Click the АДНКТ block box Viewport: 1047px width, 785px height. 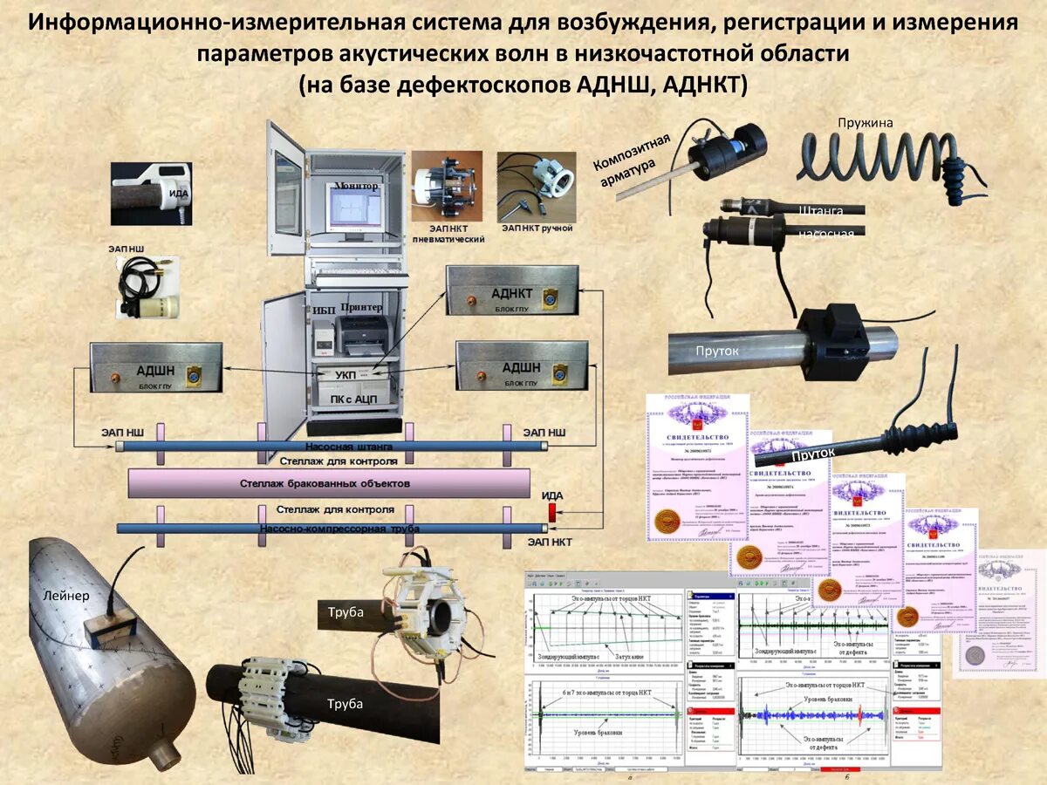coord(512,290)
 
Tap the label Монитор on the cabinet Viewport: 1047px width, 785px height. coord(356,187)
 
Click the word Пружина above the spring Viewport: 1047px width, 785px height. coord(865,123)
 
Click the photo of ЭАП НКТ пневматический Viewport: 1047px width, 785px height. coord(447,185)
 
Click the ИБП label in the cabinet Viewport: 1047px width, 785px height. coord(322,311)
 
